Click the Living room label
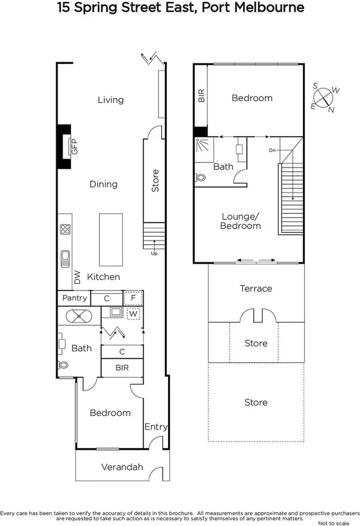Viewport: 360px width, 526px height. [x=111, y=100]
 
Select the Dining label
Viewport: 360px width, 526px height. [x=103, y=184]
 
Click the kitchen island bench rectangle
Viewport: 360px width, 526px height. [x=110, y=240]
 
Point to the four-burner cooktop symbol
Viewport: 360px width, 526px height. [x=65, y=230]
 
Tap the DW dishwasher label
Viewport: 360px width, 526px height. [x=77, y=277]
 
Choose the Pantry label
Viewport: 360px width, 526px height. [x=74, y=298]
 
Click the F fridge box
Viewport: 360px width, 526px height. [x=133, y=298]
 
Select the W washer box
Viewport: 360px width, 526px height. [x=133, y=314]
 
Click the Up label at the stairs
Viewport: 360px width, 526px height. [x=154, y=253]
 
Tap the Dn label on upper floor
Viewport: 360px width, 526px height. [x=272, y=150]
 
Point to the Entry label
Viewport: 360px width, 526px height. [x=155, y=427]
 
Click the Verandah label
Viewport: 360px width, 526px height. [x=121, y=467]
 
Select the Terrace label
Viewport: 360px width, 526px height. [x=256, y=289]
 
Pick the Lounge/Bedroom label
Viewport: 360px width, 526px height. [x=240, y=221]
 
